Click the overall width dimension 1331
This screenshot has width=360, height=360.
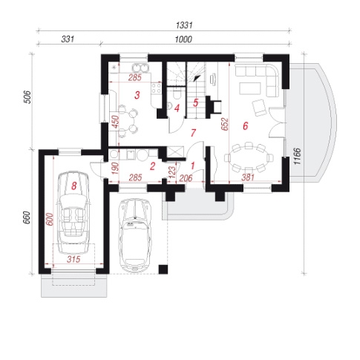click(x=184, y=25)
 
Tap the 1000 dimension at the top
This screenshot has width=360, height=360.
click(x=183, y=39)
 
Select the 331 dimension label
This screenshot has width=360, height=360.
click(x=68, y=39)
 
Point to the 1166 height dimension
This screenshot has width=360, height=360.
click(x=297, y=156)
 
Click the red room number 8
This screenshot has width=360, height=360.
click(x=73, y=186)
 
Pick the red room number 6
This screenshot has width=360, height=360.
click(x=245, y=126)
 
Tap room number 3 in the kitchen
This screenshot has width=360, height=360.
click(x=137, y=95)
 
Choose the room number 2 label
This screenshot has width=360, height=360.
click(x=152, y=166)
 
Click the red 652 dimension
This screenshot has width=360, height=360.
click(x=225, y=124)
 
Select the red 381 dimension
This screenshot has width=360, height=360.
click(x=248, y=177)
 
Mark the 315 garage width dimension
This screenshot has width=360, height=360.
click(x=73, y=259)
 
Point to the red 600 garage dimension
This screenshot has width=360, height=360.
click(x=50, y=219)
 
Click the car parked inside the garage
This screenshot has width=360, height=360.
click(x=73, y=212)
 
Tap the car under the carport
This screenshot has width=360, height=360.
click(x=135, y=235)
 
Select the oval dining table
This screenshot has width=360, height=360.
click(x=249, y=157)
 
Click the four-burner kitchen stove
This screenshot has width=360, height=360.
click(x=157, y=88)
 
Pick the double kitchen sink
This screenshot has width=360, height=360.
click(x=140, y=68)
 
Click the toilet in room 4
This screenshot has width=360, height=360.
click(x=177, y=94)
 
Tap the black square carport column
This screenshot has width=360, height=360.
click(x=163, y=269)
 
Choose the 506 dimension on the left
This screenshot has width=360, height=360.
click(x=28, y=97)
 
